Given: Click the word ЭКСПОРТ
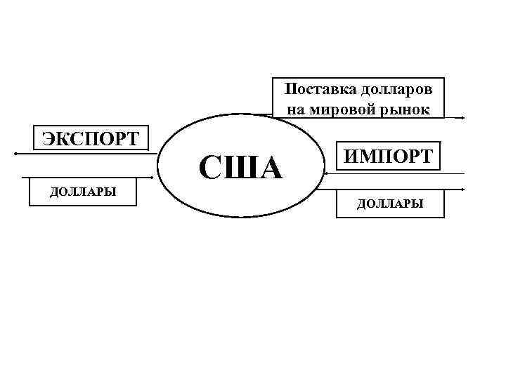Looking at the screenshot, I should click(91, 137).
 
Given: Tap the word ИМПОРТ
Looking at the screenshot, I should click(389, 156).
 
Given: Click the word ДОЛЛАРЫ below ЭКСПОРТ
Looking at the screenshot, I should click(82, 192).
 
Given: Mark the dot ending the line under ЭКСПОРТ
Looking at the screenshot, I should click(15, 152).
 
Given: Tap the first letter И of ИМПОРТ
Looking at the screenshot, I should click(349, 156).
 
